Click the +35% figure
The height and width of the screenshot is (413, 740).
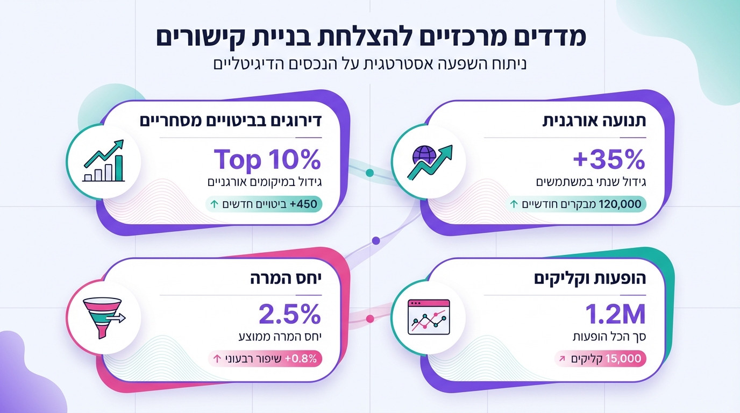(x=609, y=159)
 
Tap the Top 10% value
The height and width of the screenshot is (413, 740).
(x=267, y=159)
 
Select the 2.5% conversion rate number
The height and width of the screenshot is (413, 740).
(x=290, y=315)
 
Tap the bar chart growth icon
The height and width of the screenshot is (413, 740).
(x=103, y=161)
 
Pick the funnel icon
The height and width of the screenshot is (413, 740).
(x=103, y=318)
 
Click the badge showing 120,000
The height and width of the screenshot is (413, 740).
(x=577, y=204)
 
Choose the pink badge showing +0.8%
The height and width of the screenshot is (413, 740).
(x=265, y=359)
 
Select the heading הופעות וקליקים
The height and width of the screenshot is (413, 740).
(x=589, y=279)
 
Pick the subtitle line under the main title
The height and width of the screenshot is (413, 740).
(x=370, y=64)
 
